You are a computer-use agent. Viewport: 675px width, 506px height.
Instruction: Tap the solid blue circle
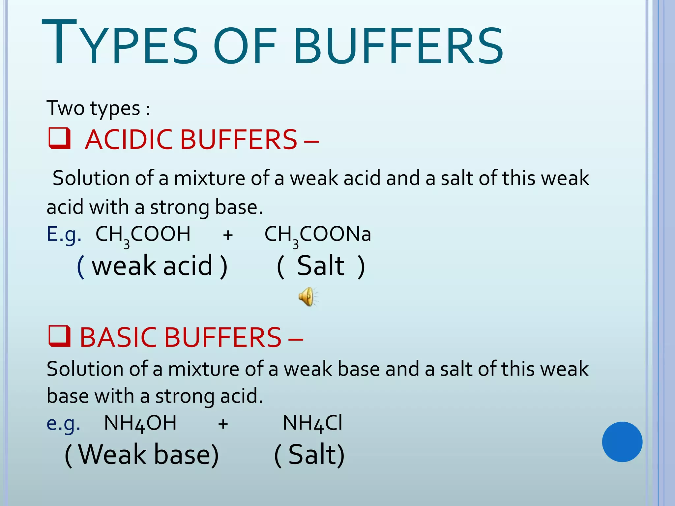pos(622,442)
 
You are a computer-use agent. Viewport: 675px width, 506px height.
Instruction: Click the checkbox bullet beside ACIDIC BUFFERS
pos(60,138)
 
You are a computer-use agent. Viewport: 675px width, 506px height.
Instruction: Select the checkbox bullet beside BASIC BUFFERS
pos(60,336)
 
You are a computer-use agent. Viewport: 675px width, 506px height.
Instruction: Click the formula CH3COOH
pos(143,235)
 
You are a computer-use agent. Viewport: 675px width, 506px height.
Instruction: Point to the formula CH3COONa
pos(318,235)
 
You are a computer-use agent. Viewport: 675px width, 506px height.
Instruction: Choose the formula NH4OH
pos(140,423)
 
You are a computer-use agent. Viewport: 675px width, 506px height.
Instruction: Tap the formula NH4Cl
pos(312,423)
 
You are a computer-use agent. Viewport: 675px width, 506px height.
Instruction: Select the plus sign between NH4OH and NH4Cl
pos(223,424)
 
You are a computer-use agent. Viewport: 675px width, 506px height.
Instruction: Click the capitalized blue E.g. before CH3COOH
pos(64,235)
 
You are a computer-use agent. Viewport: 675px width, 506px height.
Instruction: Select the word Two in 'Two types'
pos(66,108)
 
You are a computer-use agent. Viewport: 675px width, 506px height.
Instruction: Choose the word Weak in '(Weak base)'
pos(112,455)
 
